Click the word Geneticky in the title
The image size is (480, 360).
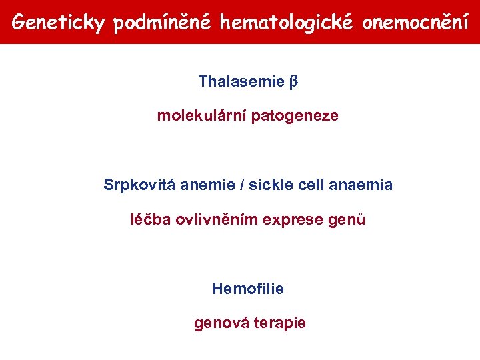click(59, 23)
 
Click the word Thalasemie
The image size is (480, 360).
click(241, 82)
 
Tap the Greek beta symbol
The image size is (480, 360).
click(293, 83)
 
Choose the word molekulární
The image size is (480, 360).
click(200, 116)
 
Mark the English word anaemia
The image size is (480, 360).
click(361, 185)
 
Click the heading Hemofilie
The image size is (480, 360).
click(248, 289)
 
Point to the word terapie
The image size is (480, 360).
click(280, 323)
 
